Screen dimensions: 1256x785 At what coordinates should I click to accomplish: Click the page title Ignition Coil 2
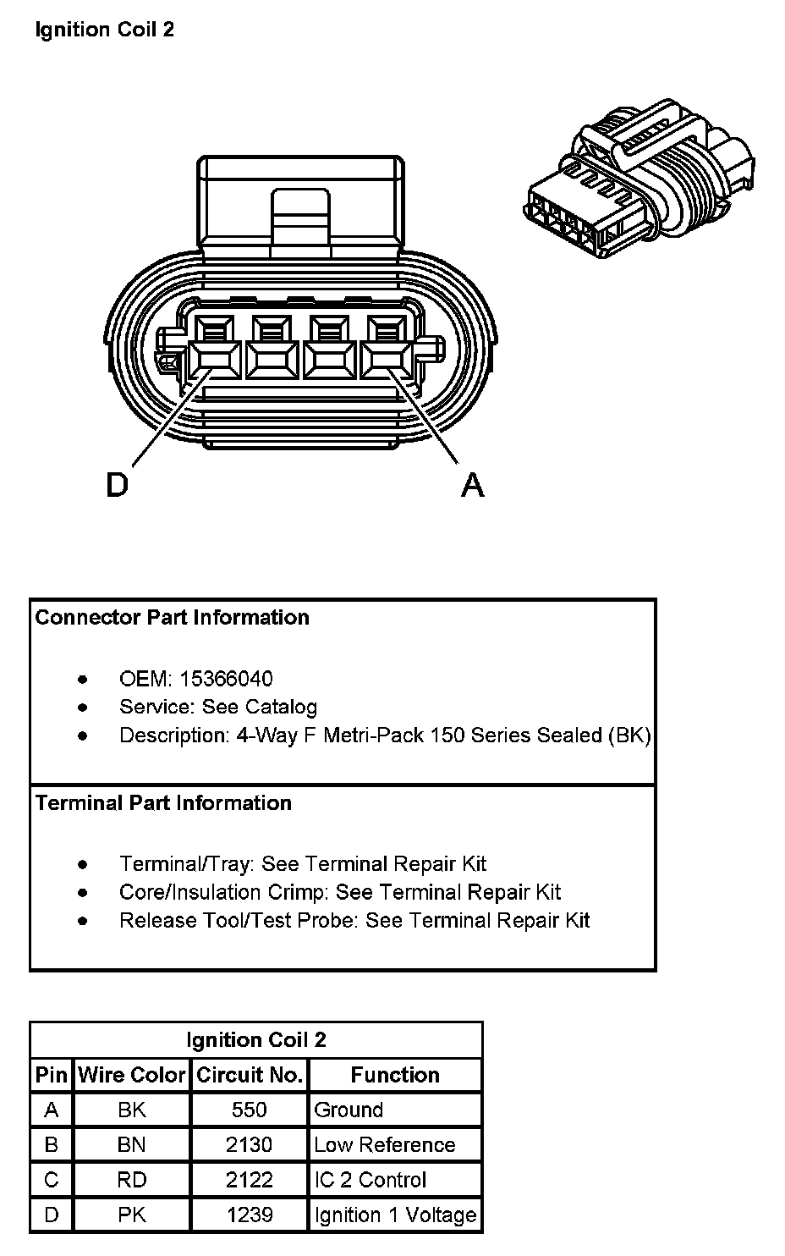(x=105, y=30)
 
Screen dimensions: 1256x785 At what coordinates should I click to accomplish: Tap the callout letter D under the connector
(x=117, y=485)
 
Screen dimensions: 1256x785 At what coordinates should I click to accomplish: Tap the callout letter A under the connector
(x=472, y=485)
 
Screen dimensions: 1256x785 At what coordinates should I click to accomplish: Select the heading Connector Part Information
(x=173, y=618)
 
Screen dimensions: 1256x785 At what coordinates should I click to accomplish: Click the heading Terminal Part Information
(x=163, y=803)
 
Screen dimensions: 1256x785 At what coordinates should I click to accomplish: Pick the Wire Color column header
(x=132, y=1075)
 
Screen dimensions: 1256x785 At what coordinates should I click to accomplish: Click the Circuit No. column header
(x=250, y=1075)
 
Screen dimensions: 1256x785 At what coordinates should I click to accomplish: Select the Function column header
(x=395, y=1075)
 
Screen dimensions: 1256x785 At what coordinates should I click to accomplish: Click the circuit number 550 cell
(x=250, y=1110)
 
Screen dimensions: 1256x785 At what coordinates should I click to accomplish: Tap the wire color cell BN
(x=132, y=1145)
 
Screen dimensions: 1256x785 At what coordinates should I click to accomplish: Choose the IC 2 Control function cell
(x=370, y=1180)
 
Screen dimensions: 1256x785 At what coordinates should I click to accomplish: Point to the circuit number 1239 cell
(x=250, y=1215)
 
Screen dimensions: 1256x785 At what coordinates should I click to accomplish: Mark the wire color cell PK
(x=132, y=1215)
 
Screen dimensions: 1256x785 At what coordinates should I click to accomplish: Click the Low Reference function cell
(x=384, y=1145)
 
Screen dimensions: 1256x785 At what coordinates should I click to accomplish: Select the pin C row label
(x=52, y=1180)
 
